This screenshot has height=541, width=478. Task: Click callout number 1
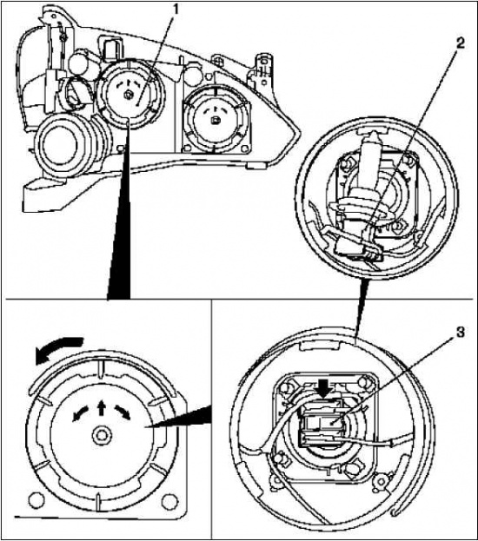pos(176,10)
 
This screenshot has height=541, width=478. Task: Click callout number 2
pos(460,43)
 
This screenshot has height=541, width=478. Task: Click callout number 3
pos(461,333)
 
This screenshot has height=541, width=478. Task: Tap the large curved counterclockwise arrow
pos(58,349)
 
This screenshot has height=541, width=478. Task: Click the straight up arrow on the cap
pos(101,407)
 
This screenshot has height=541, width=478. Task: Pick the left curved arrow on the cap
pos(80,413)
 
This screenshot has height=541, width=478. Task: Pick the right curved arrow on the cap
pos(123,412)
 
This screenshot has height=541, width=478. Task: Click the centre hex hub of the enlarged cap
pos(101,435)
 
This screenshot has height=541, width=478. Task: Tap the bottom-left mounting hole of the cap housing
pos(37,500)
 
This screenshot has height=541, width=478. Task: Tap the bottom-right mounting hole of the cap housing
pos(169,500)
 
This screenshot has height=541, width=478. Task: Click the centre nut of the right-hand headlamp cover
pos(215,121)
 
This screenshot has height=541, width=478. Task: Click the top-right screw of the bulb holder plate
pos(363,382)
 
